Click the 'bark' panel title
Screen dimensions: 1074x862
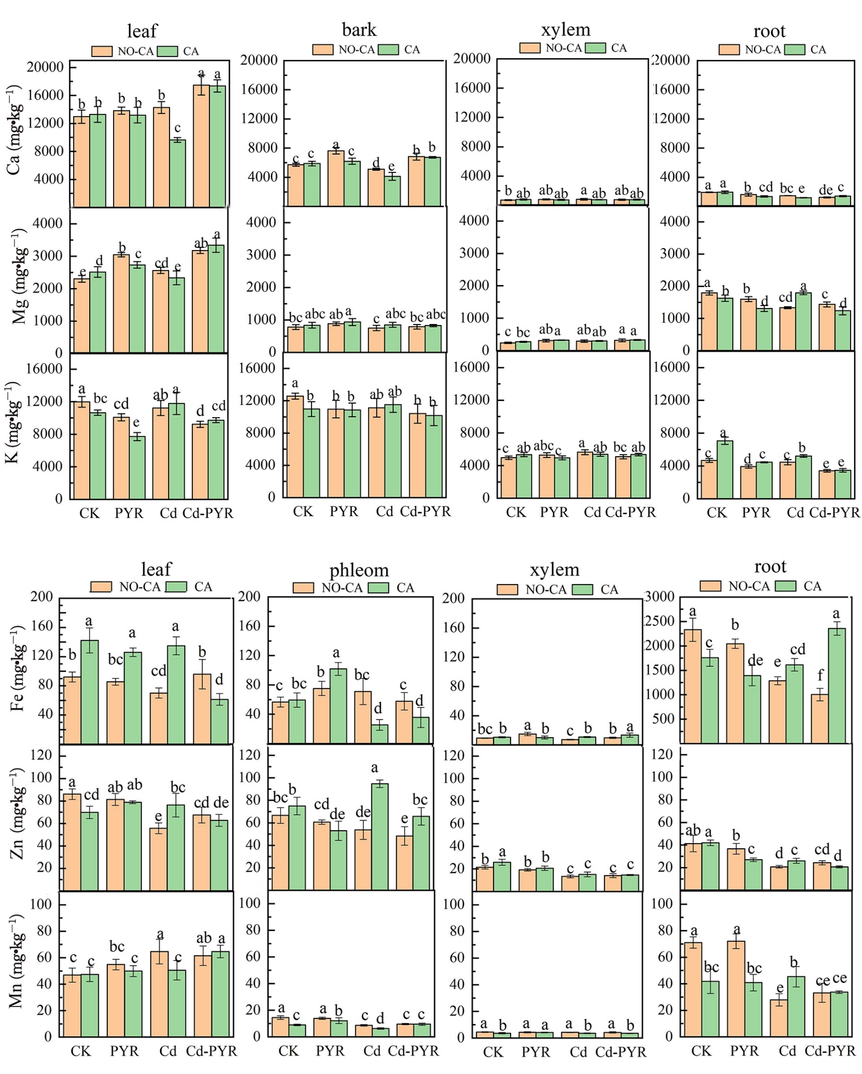pos(359,30)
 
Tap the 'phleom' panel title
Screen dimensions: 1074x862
pos(359,570)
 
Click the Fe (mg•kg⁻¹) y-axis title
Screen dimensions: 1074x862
pos(16,670)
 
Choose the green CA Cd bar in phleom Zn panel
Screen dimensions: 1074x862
pos(380,837)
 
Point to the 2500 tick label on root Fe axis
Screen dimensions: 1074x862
pos(660,621)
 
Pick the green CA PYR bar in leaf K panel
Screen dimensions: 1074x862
pos(137,467)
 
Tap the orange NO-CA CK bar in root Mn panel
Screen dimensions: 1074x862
pos(693,989)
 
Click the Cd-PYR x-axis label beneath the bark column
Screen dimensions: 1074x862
pos(425,512)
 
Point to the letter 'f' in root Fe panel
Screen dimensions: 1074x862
pos(820,675)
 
